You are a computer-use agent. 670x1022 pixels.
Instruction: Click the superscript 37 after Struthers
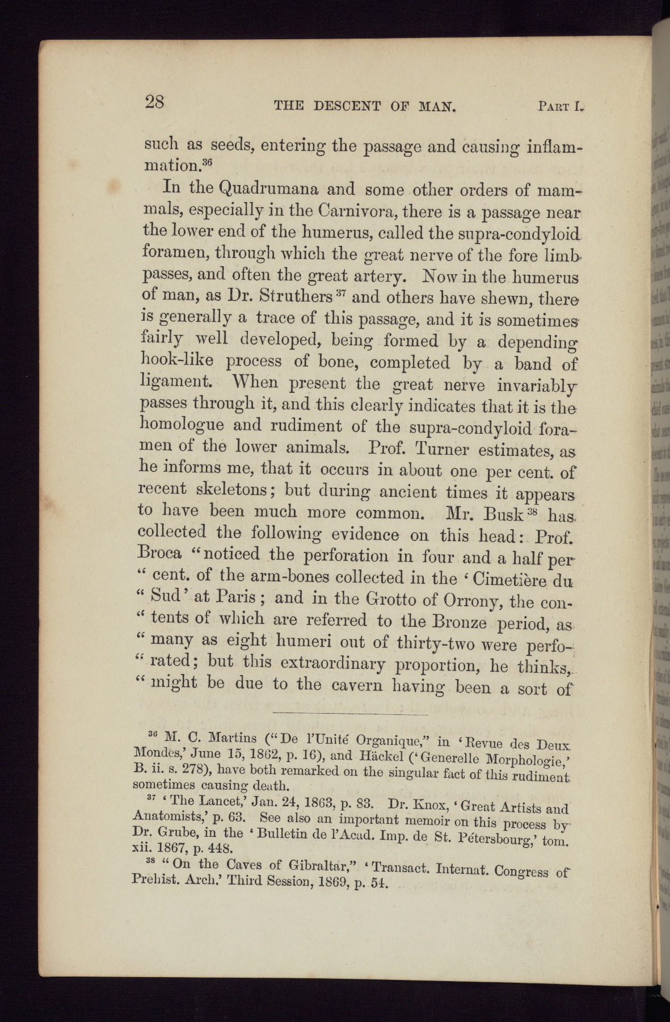(340, 293)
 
